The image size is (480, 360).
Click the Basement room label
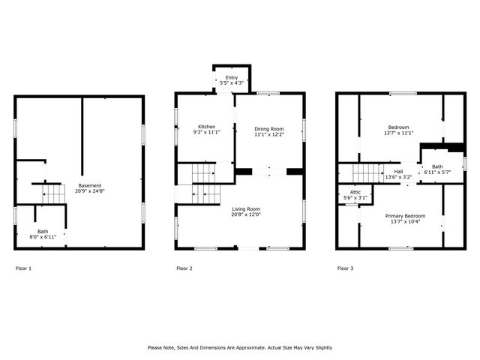[x=89, y=186]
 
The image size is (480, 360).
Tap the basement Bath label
[x=43, y=231]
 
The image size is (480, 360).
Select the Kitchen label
[x=207, y=127]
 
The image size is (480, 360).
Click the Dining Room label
[x=269, y=129]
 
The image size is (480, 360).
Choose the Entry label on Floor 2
[x=232, y=77]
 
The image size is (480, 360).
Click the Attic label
[x=351, y=191]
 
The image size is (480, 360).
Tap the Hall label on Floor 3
[x=398, y=172]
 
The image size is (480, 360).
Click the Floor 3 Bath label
[x=437, y=166]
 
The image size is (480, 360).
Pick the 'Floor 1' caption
[x=24, y=268]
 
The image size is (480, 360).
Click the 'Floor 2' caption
[x=184, y=268]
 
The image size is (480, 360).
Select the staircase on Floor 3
[x=367, y=173]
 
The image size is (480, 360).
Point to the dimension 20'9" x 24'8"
[x=89, y=192]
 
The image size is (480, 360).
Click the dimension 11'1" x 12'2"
[x=269, y=135]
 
